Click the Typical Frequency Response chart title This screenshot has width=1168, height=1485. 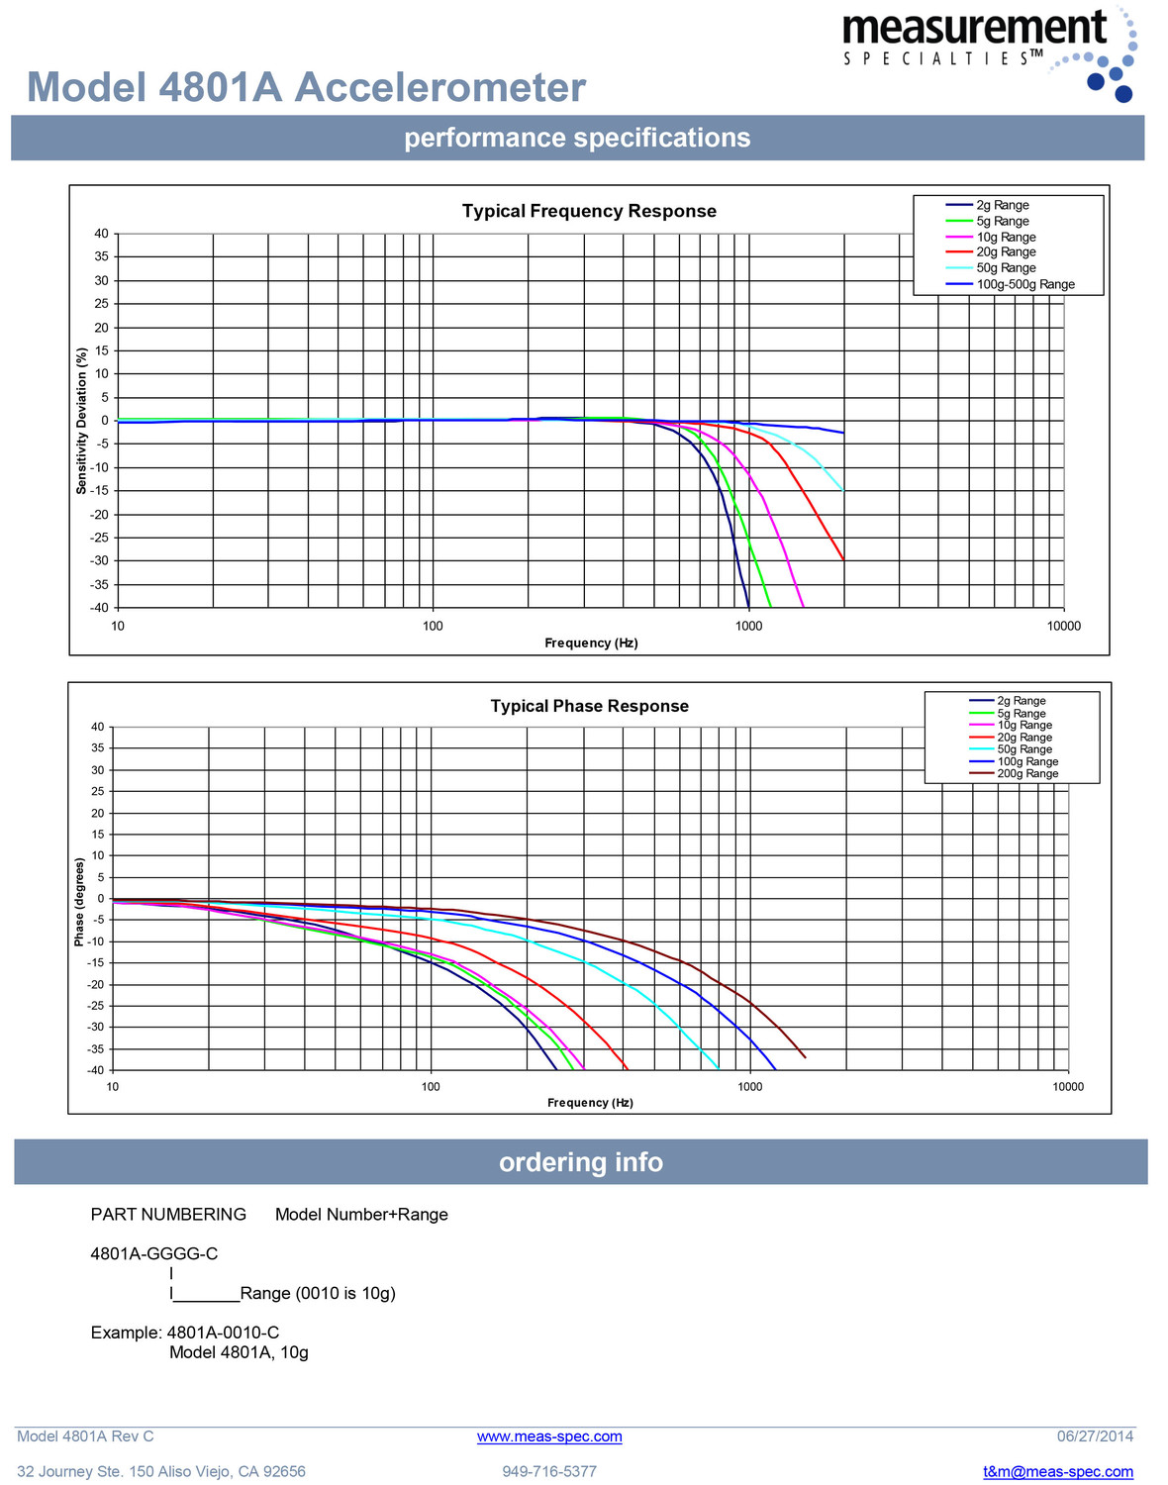(x=589, y=211)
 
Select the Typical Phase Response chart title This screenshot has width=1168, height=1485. (x=589, y=706)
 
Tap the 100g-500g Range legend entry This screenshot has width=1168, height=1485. (x=1024, y=284)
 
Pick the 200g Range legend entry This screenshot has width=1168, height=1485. (x=1027, y=774)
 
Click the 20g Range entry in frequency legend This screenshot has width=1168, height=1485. (x=1006, y=252)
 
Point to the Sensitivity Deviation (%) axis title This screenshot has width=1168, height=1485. (x=82, y=421)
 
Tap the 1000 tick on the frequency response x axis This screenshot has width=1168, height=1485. (x=748, y=626)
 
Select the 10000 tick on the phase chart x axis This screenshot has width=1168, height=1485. (x=1068, y=1087)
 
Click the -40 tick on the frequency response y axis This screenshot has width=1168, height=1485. (x=101, y=608)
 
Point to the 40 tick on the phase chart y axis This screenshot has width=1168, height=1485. (x=97, y=727)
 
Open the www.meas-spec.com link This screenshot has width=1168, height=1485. (x=549, y=1436)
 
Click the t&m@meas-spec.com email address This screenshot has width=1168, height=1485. (x=1057, y=1472)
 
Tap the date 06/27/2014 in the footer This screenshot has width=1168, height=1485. (x=1095, y=1436)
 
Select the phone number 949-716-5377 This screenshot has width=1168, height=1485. (x=549, y=1472)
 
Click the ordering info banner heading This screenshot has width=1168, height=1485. (x=581, y=1162)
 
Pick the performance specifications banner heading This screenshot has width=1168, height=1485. (x=577, y=138)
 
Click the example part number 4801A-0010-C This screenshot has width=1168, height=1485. (x=223, y=1333)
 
